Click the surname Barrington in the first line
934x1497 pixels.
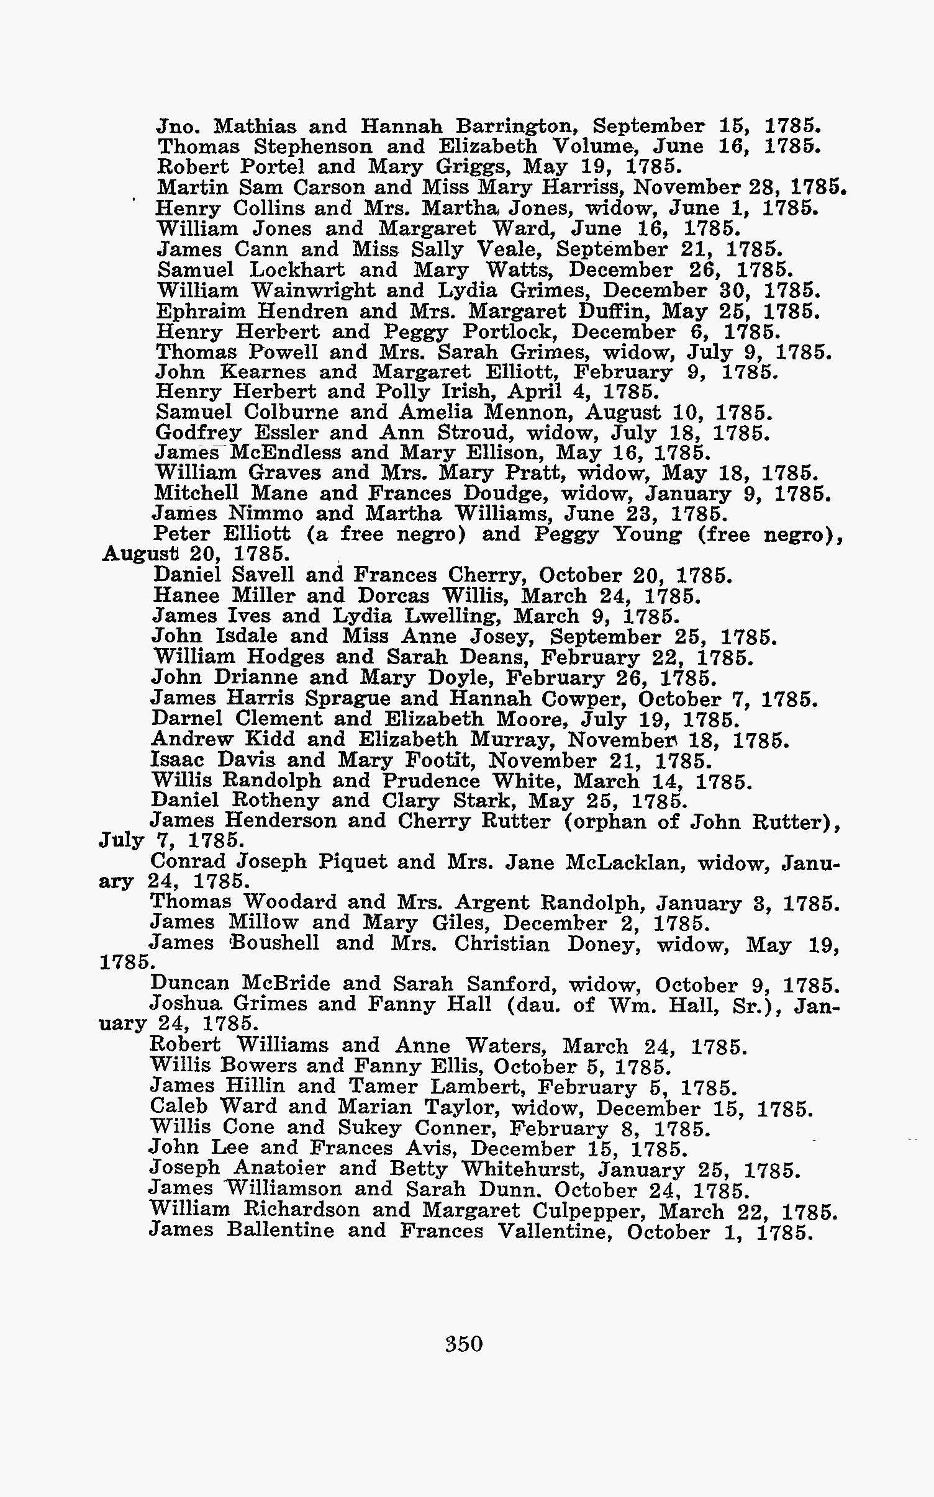(x=517, y=127)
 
